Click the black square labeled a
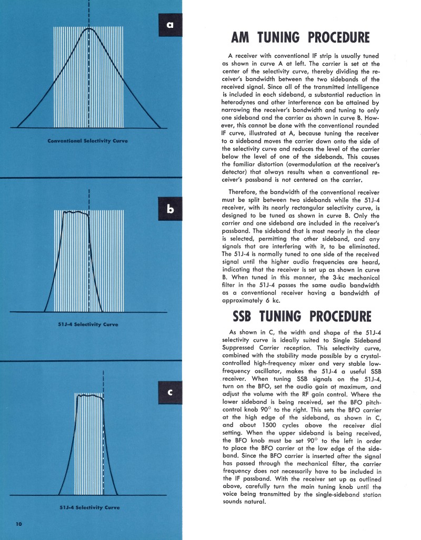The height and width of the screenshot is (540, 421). (x=170, y=25)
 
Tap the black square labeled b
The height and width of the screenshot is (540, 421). (x=170, y=209)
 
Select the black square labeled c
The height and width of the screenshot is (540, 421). (x=170, y=392)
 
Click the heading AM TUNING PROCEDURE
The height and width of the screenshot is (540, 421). (x=300, y=38)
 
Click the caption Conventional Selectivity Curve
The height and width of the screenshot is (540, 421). (x=88, y=141)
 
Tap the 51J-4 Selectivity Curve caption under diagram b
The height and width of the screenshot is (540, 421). (x=88, y=324)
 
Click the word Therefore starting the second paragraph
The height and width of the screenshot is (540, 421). (x=245, y=191)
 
